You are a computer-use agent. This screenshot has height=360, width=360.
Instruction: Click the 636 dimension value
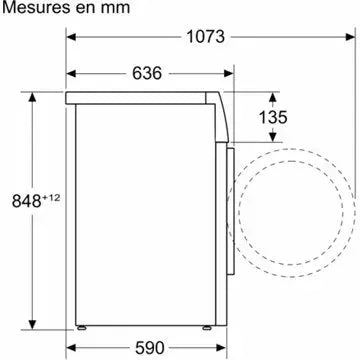[148, 73]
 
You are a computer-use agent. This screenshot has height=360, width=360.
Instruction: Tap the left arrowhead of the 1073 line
[72, 36]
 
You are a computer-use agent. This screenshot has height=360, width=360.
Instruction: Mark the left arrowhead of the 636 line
[72, 73]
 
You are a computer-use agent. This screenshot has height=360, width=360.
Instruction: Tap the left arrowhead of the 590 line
[72, 349]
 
